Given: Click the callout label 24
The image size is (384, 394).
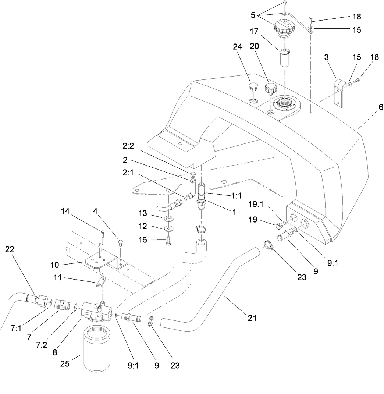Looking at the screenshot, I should tap(238, 47).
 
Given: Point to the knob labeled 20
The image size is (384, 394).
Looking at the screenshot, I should tap(271, 89).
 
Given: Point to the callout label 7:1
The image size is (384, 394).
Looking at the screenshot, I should tap(16, 329).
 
